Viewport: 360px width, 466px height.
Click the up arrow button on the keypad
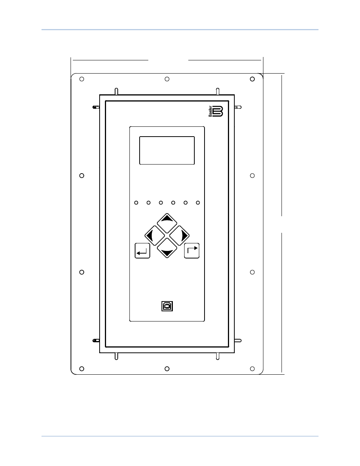(167, 223)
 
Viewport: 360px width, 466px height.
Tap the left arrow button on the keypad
(154, 235)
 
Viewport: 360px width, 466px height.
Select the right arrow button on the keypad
(179, 235)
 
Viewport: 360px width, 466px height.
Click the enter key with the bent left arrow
(142, 251)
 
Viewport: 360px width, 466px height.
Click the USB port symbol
(167, 306)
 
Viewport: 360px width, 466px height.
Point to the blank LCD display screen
(167, 150)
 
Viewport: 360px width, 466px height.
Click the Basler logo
(216, 111)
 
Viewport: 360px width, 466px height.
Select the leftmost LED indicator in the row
(136, 203)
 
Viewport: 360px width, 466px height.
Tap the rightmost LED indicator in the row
(198, 203)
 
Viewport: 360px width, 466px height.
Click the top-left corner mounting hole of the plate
(82, 79)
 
